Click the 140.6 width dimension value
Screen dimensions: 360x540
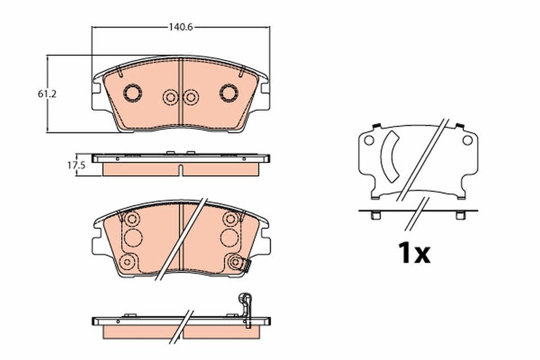pyautogui.click(x=179, y=26)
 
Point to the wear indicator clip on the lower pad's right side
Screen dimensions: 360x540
pyautogui.click(x=245, y=264)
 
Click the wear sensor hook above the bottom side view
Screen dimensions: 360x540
pyautogui.click(x=245, y=301)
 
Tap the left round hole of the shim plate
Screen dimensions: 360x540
pyautogui.click(x=368, y=139)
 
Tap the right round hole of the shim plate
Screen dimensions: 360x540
pyautogui.click(x=467, y=139)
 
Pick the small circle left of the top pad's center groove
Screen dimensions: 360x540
pyautogui.click(x=169, y=98)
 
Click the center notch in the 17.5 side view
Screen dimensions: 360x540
pyautogui.click(x=180, y=169)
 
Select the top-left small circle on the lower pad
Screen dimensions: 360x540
pyautogui.click(x=132, y=219)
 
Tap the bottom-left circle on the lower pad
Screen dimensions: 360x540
pyautogui.click(x=128, y=261)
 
